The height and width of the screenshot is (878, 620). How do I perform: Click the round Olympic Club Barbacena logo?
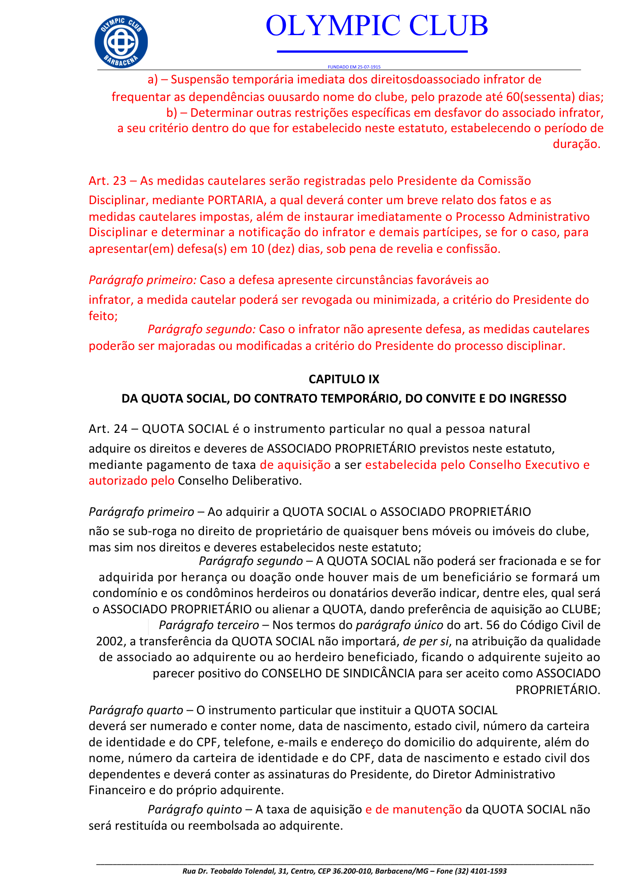pos(121,42)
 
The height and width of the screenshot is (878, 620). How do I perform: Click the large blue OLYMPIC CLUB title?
pos(377,25)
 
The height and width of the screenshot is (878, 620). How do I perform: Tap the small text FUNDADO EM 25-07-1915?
pos(354,67)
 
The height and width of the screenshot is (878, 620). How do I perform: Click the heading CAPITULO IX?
pos(344,379)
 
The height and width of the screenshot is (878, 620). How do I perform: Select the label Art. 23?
pos(107,181)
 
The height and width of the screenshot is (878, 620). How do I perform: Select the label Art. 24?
pos(107,428)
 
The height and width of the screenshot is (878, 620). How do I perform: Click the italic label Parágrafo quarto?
pos(136,710)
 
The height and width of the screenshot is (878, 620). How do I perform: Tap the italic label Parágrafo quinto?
pos(194,809)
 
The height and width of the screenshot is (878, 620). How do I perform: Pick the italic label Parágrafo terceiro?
pos(209,625)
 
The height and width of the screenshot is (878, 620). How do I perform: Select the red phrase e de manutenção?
pos(413,809)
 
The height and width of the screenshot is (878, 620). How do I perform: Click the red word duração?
pos(576,144)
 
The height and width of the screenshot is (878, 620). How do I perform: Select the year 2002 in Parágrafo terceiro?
pos(110,641)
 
